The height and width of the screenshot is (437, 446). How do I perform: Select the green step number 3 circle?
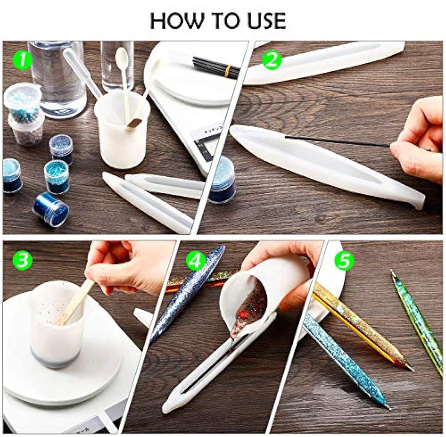(22, 260)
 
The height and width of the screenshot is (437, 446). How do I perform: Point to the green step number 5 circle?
(344, 261)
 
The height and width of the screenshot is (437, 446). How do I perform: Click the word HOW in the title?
(175, 20)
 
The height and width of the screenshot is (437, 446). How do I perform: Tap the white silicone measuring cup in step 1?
(122, 134)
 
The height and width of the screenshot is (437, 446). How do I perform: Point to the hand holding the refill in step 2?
(418, 140)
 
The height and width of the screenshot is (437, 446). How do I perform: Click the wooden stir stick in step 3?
(75, 302)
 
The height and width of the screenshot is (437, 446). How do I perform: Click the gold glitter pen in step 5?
(361, 324)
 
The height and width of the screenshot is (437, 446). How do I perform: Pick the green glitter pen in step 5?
(418, 320)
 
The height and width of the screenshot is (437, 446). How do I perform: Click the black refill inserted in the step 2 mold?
(337, 141)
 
